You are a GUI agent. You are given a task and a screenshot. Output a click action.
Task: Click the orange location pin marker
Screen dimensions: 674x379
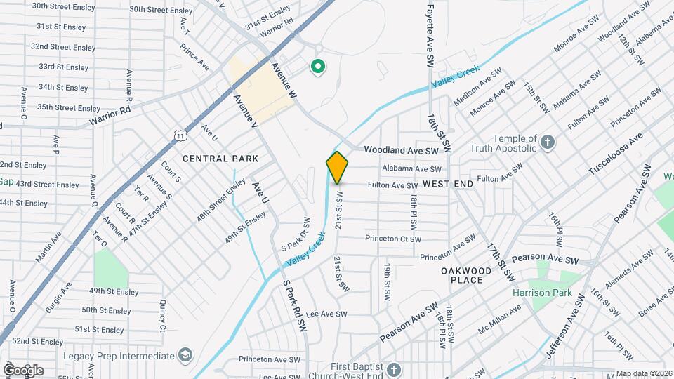click(x=338, y=167)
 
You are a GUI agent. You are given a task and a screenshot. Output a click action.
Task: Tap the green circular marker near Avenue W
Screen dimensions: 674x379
click(x=318, y=67)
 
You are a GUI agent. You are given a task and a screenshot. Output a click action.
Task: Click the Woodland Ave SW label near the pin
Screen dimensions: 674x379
click(x=401, y=150)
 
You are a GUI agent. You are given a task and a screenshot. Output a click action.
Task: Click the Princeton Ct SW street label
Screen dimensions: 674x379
click(x=393, y=239)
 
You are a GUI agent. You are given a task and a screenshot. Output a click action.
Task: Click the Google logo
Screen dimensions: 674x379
click(x=23, y=370)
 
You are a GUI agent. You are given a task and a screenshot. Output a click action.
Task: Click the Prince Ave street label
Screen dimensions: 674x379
click(x=194, y=58)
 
